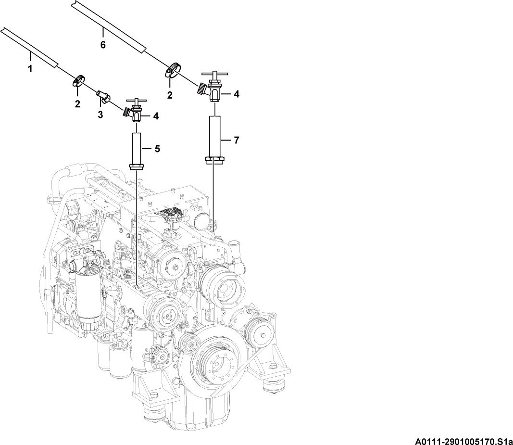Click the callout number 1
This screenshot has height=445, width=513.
[x=30, y=69]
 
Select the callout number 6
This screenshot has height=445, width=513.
[x=103, y=45]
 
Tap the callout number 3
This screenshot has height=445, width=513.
[x=100, y=115]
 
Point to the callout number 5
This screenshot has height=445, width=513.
[x=157, y=149]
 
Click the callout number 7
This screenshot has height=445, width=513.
[x=237, y=140]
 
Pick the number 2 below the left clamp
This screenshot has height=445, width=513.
[x=77, y=104]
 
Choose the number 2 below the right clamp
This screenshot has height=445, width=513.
[x=169, y=95]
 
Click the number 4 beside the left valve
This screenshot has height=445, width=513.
[x=156, y=116]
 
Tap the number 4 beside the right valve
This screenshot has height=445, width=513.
[x=236, y=94]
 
